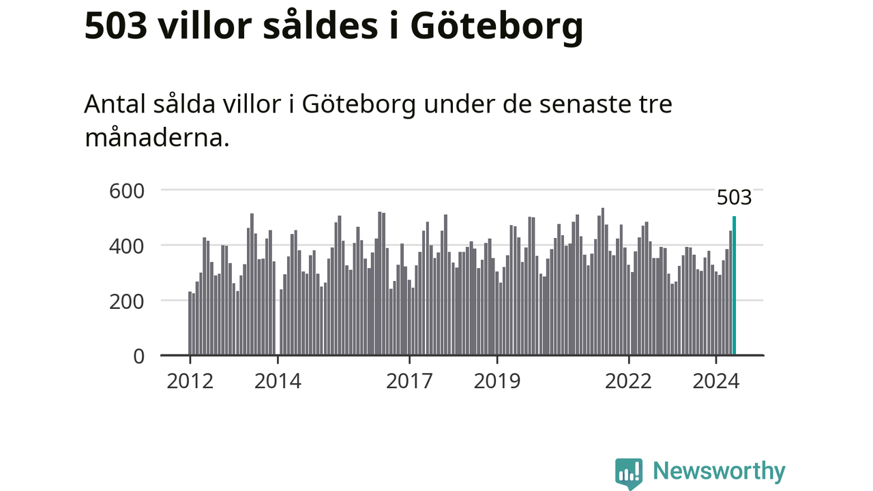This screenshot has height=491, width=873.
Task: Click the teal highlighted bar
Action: pyautogui.click(x=735, y=286)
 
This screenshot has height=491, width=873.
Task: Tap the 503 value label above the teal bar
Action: pyautogui.click(x=734, y=198)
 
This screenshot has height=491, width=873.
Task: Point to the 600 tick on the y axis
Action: pyautogui.click(x=128, y=190)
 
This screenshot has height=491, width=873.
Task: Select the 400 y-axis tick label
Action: pyautogui.click(x=128, y=245)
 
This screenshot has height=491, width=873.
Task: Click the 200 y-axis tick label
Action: pyautogui.click(x=128, y=301)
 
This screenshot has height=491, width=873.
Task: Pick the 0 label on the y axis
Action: pyautogui.click(x=138, y=356)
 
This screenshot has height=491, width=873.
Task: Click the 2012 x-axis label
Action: pyautogui.click(x=190, y=381)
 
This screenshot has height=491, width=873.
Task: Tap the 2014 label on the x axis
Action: pyautogui.click(x=278, y=381)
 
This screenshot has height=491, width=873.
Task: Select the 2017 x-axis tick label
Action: pyautogui.click(x=409, y=381)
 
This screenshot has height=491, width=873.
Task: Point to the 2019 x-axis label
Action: pyautogui.click(x=497, y=381)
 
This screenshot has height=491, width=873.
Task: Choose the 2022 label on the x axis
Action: pyautogui.click(x=629, y=381)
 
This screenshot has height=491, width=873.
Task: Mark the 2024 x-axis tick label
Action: pyautogui.click(x=716, y=381)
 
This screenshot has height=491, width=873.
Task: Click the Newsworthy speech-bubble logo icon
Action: pyautogui.click(x=629, y=473)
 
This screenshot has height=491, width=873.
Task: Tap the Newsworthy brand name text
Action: pyautogui.click(x=719, y=471)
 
